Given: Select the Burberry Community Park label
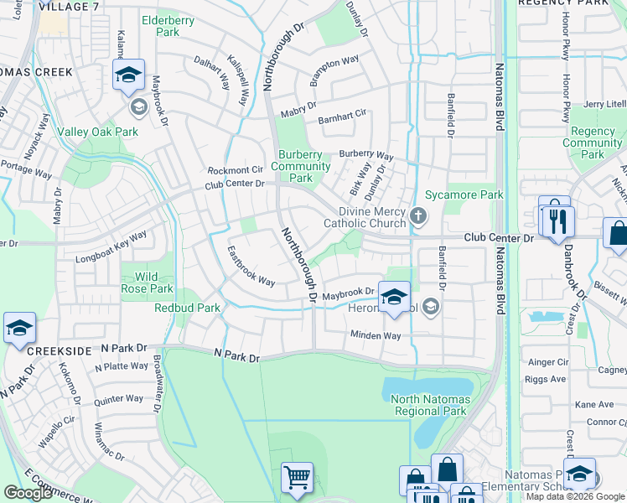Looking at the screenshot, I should [300, 166].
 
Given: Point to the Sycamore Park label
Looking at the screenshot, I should [475, 194].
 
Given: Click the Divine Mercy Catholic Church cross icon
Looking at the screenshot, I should [418, 218].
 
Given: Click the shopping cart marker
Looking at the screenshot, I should [297, 478].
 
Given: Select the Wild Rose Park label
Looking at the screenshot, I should [148, 283].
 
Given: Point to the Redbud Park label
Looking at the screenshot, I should [187, 308].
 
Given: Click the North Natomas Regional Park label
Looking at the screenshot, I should [430, 405].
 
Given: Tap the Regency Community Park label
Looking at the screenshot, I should [592, 143].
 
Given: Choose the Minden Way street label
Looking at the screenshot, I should [375, 335].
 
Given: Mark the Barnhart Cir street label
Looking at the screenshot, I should [342, 117].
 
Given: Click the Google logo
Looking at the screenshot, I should [28, 493].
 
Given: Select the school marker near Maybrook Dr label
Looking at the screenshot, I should [394, 296].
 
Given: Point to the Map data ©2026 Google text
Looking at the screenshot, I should [575, 496].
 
